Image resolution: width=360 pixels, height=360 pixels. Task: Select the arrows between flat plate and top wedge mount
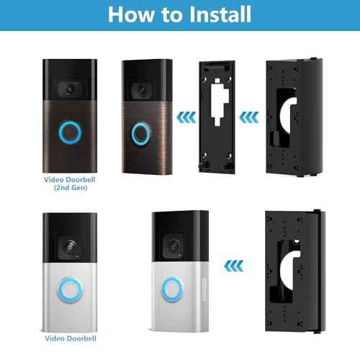(246, 113)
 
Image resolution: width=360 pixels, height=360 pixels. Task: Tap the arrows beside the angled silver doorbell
(232, 264)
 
